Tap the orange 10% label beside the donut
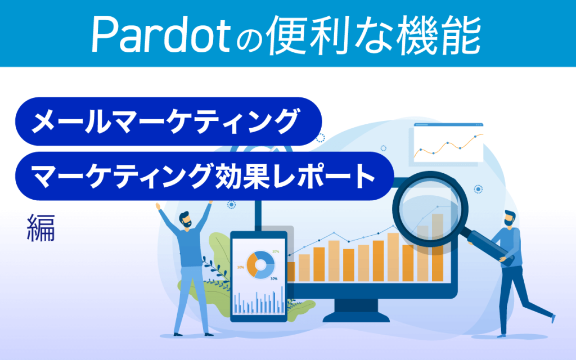[x=240, y=267]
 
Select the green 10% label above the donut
[x=275, y=251]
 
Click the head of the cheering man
[x=186, y=219]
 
